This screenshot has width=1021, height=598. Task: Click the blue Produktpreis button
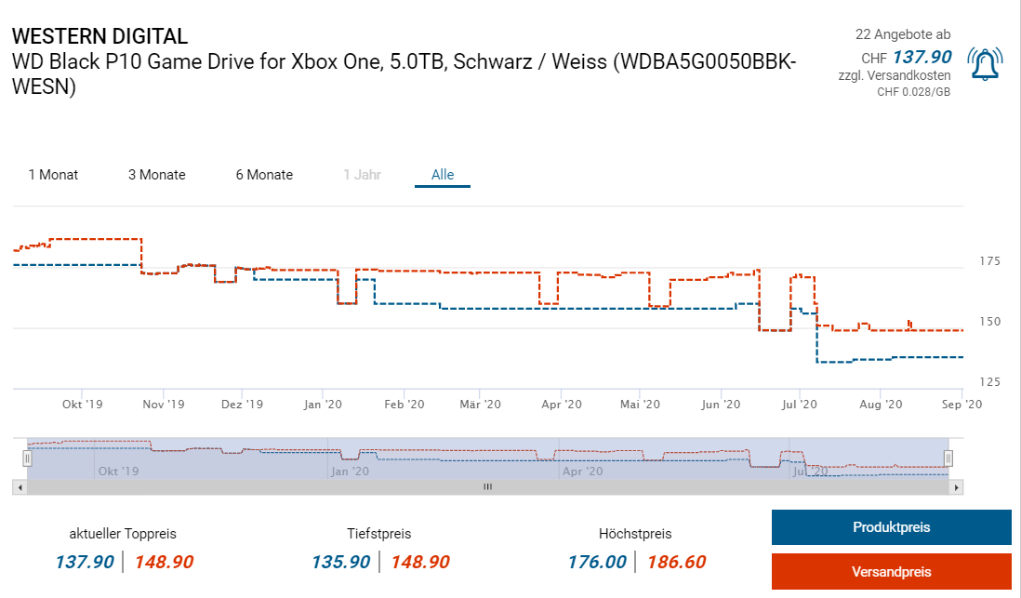891,527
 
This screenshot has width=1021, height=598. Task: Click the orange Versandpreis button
891,571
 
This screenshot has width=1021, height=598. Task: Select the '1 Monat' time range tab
53,175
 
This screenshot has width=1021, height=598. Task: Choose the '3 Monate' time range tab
157,175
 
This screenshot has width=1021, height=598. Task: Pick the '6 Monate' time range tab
264,175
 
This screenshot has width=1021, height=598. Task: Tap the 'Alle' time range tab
443,175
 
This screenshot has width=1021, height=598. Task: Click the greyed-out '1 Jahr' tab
362,175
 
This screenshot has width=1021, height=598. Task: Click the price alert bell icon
985,63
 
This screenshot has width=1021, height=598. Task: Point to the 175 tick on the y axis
989,261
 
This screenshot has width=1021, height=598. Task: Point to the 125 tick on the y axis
989,382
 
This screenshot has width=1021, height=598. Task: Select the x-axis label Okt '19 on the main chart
83,405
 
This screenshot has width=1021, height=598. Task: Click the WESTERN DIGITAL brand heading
99,36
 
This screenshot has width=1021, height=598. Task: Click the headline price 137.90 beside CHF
922,58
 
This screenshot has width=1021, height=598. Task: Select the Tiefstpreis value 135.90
341,562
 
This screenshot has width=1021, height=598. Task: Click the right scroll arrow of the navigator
958,486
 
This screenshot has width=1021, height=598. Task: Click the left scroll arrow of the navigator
19,486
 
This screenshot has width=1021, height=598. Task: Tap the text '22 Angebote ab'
903,34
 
